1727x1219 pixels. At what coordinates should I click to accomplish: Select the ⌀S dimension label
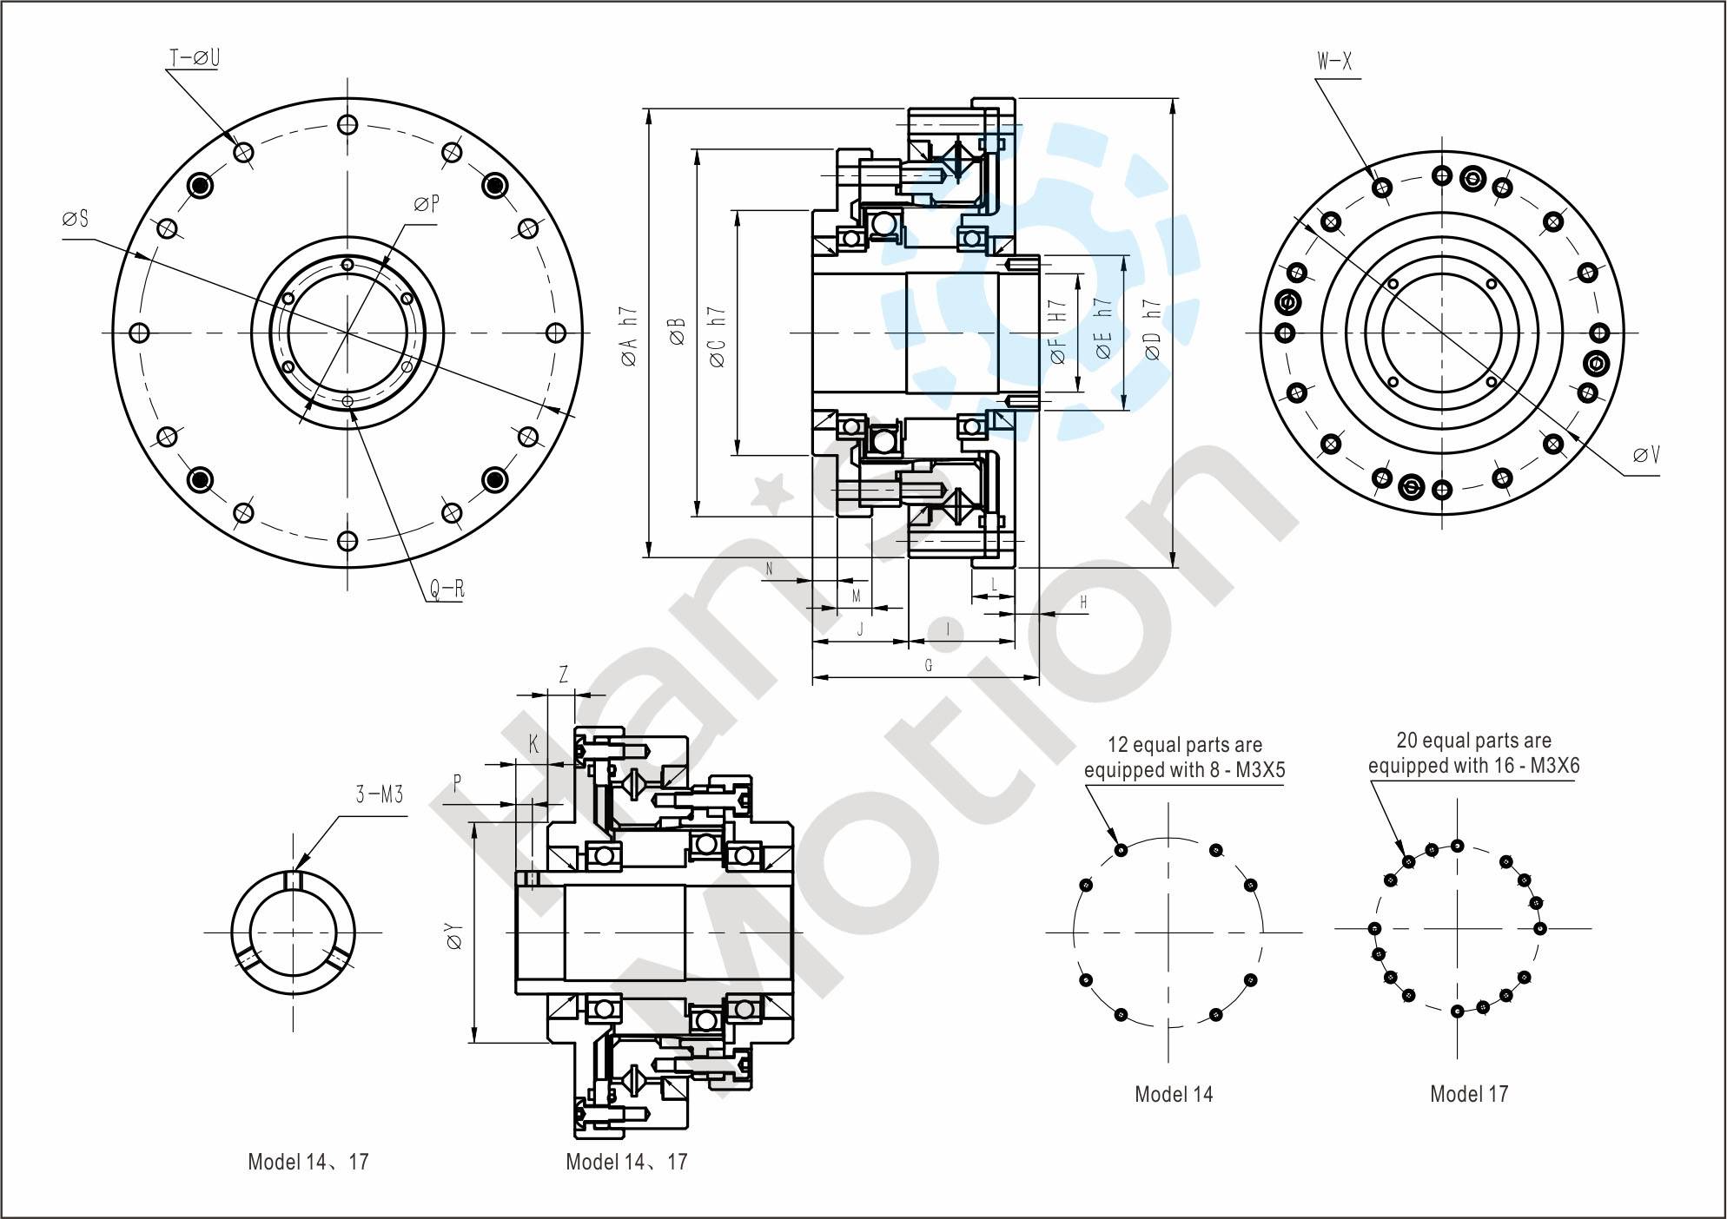[x=76, y=219]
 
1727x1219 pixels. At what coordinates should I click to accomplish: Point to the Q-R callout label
[x=447, y=590]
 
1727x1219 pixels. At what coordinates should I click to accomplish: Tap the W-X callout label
[x=1334, y=62]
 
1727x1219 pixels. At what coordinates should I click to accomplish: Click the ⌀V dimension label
[x=1646, y=455]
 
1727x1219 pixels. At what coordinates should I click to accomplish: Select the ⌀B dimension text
[x=678, y=333]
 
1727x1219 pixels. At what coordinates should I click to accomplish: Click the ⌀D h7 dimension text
[x=1153, y=332]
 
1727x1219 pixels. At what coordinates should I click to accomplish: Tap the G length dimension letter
[x=928, y=666]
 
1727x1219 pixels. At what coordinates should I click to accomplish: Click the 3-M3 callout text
[x=380, y=794]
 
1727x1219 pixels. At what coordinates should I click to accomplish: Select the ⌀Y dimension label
[x=453, y=936]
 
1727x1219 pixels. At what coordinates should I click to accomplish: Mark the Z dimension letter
[x=563, y=674]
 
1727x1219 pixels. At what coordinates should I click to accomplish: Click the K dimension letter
[x=534, y=744]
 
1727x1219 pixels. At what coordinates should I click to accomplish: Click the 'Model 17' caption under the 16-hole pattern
[x=1469, y=1093]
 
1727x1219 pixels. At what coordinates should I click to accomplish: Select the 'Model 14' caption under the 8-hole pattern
[x=1174, y=1094]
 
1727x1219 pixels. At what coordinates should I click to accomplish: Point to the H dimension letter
[x=1083, y=602]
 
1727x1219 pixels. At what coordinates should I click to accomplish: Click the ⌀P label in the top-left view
[x=427, y=204]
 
